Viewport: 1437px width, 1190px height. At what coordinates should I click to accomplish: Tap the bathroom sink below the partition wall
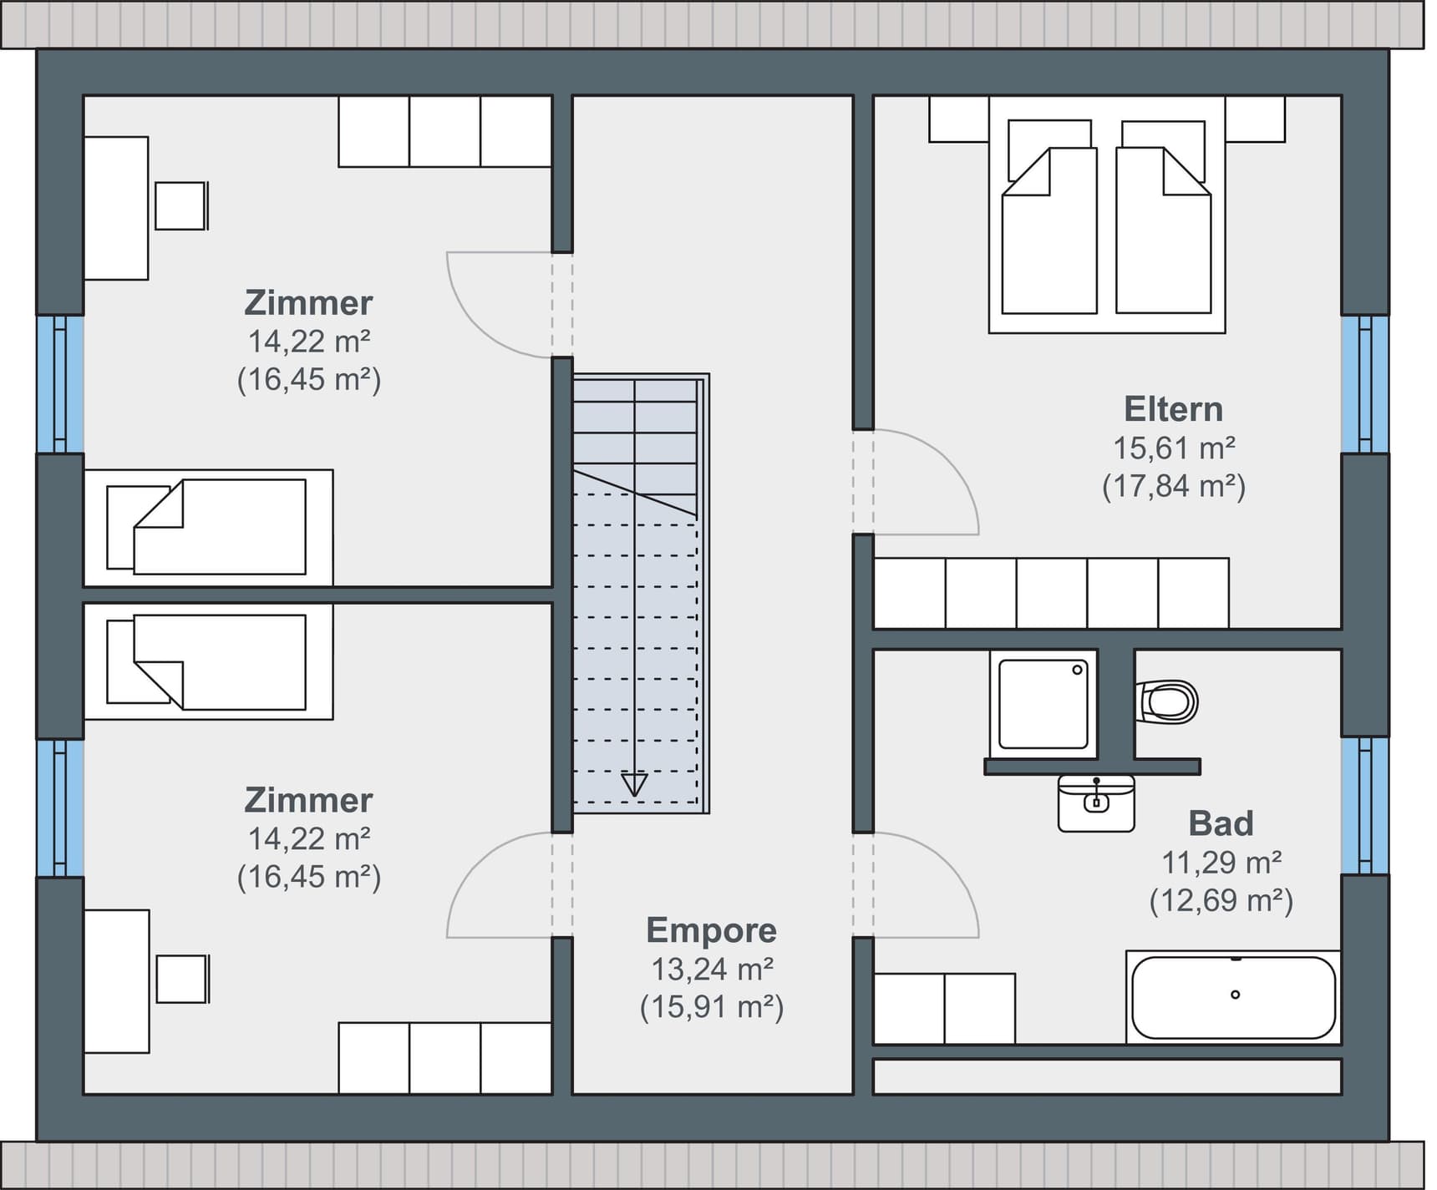pyautogui.click(x=1096, y=803)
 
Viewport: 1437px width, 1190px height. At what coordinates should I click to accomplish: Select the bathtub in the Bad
pyautogui.click(x=1233, y=997)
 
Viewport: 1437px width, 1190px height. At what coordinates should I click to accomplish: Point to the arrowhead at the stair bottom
pyautogui.click(x=634, y=785)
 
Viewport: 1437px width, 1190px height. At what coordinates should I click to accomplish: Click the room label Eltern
pyautogui.click(x=1173, y=409)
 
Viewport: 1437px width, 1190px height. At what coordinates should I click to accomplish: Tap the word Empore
pyautogui.click(x=711, y=930)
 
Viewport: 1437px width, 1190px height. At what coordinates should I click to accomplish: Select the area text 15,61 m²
pyautogui.click(x=1174, y=448)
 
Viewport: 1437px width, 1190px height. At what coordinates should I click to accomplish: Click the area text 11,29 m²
pyautogui.click(x=1221, y=862)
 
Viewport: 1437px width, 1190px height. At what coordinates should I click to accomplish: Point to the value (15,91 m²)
pyautogui.click(x=712, y=1007)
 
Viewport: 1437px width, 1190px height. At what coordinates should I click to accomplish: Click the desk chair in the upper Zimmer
pyautogui.click(x=180, y=205)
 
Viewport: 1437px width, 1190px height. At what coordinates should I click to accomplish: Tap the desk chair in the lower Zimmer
pyautogui.click(x=181, y=979)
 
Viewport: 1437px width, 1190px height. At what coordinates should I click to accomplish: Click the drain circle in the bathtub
pyautogui.click(x=1235, y=995)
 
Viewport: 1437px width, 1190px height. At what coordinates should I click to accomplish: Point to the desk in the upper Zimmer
pyautogui.click(x=116, y=208)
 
